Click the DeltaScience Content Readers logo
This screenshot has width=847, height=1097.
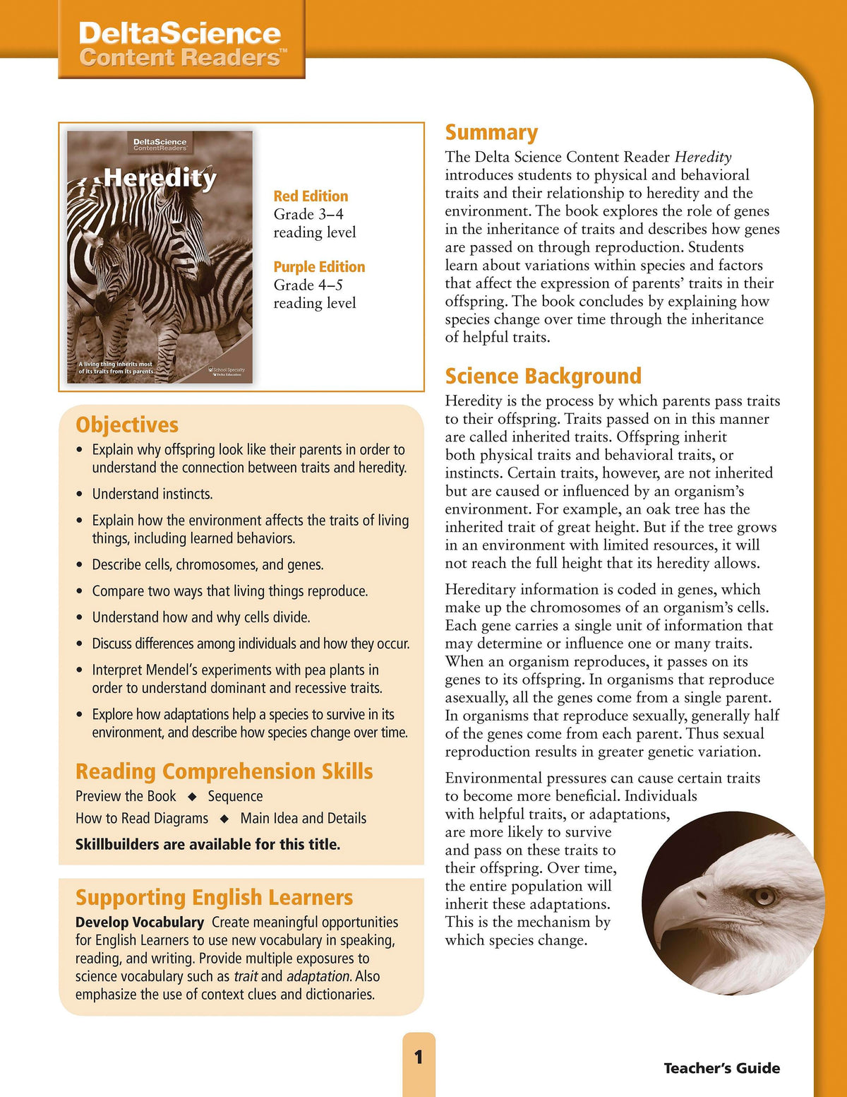pos(181,44)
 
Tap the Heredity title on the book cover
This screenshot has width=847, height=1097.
pos(160,178)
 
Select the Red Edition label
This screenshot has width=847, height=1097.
pos(311,196)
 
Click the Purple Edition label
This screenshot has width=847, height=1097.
pos(319,267)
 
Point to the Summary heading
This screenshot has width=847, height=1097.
pos(491,133)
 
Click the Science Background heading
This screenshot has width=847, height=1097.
pos(543,376)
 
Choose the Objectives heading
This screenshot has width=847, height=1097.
pos(127,425)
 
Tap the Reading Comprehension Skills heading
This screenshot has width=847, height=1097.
pos(224,771)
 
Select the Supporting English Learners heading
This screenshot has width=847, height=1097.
pos(214,897)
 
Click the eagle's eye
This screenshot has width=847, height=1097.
pos(762,896)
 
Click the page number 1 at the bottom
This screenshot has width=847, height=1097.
pos(419,1057)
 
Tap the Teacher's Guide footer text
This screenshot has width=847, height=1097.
pos(721,1068)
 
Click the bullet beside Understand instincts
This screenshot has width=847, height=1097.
pos(79,494)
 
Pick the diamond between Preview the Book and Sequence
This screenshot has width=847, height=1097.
pos(191,797)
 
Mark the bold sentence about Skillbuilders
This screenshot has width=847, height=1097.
pos(208,844)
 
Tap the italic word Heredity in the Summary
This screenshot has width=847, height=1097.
pos(703,157)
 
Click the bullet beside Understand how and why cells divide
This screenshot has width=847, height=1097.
pos(79,617)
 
